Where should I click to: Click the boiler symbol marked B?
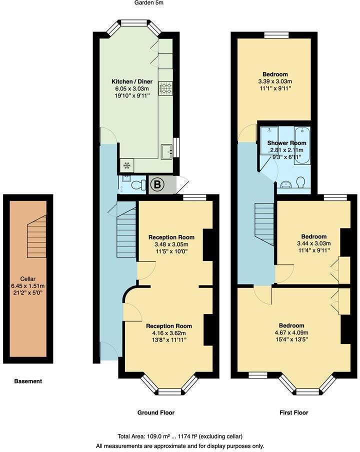click(156, 185)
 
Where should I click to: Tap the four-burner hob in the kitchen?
click(165, 88)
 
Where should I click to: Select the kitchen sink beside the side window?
click(166, 149)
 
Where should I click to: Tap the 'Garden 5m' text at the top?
click(149, 3)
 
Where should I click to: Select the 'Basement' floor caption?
click(28, 381)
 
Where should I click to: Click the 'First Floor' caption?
click(293, 412)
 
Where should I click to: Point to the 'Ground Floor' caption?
click(156, 412)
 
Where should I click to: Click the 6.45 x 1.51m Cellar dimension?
click(28, 286)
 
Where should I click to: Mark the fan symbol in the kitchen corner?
click(125, 164)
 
